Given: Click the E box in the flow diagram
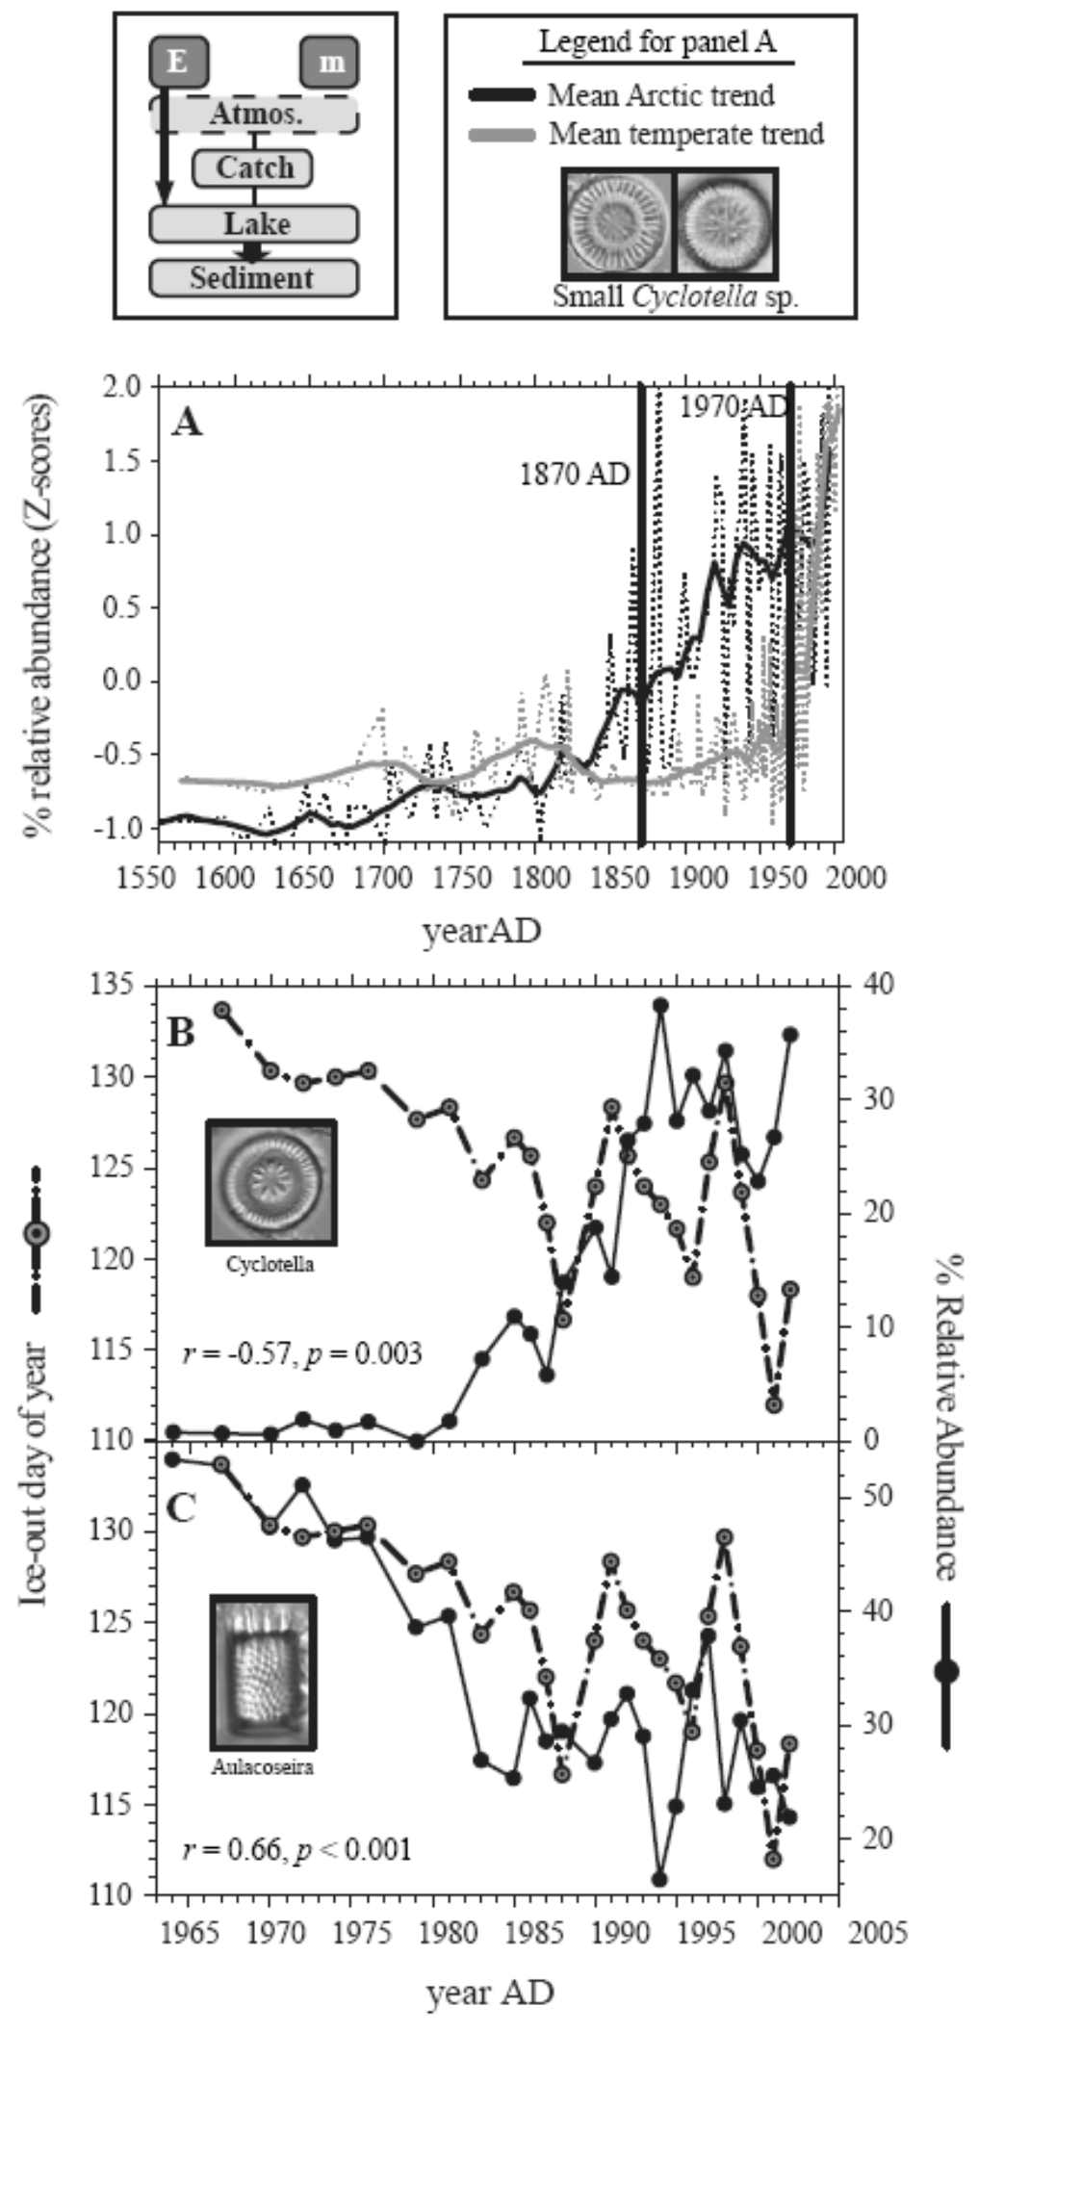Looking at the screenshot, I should tap(177, 62).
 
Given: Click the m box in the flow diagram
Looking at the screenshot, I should tap(329, 62).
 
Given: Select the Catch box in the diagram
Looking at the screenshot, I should tap(253, 168).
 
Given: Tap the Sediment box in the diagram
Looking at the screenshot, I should tap(253, 278).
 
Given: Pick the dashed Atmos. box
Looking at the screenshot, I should tap(254, 114).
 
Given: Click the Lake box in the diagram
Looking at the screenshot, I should tap(254, 224).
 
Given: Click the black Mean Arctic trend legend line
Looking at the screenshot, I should tap(502, 94).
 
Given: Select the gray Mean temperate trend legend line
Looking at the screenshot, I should tap(502, 135).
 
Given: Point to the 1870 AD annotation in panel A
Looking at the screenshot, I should tap(574, 475).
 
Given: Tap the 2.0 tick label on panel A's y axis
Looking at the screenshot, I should tap(123, 387).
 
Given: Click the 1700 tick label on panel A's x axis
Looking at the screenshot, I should tap(384, 878).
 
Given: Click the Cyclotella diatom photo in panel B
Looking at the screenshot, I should tap(271, 1182).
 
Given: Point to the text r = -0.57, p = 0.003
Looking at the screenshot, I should tap(302, 1354).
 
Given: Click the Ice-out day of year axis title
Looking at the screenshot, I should tap(35, 1473).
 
